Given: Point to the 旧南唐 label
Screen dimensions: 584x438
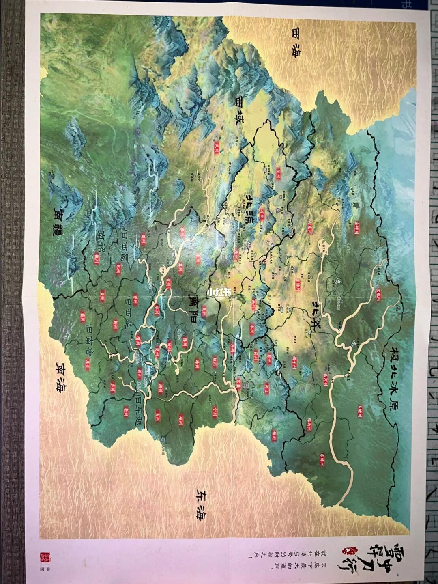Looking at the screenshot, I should [x=93, y=343].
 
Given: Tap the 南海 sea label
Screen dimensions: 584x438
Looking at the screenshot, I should [x=62, y=377].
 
